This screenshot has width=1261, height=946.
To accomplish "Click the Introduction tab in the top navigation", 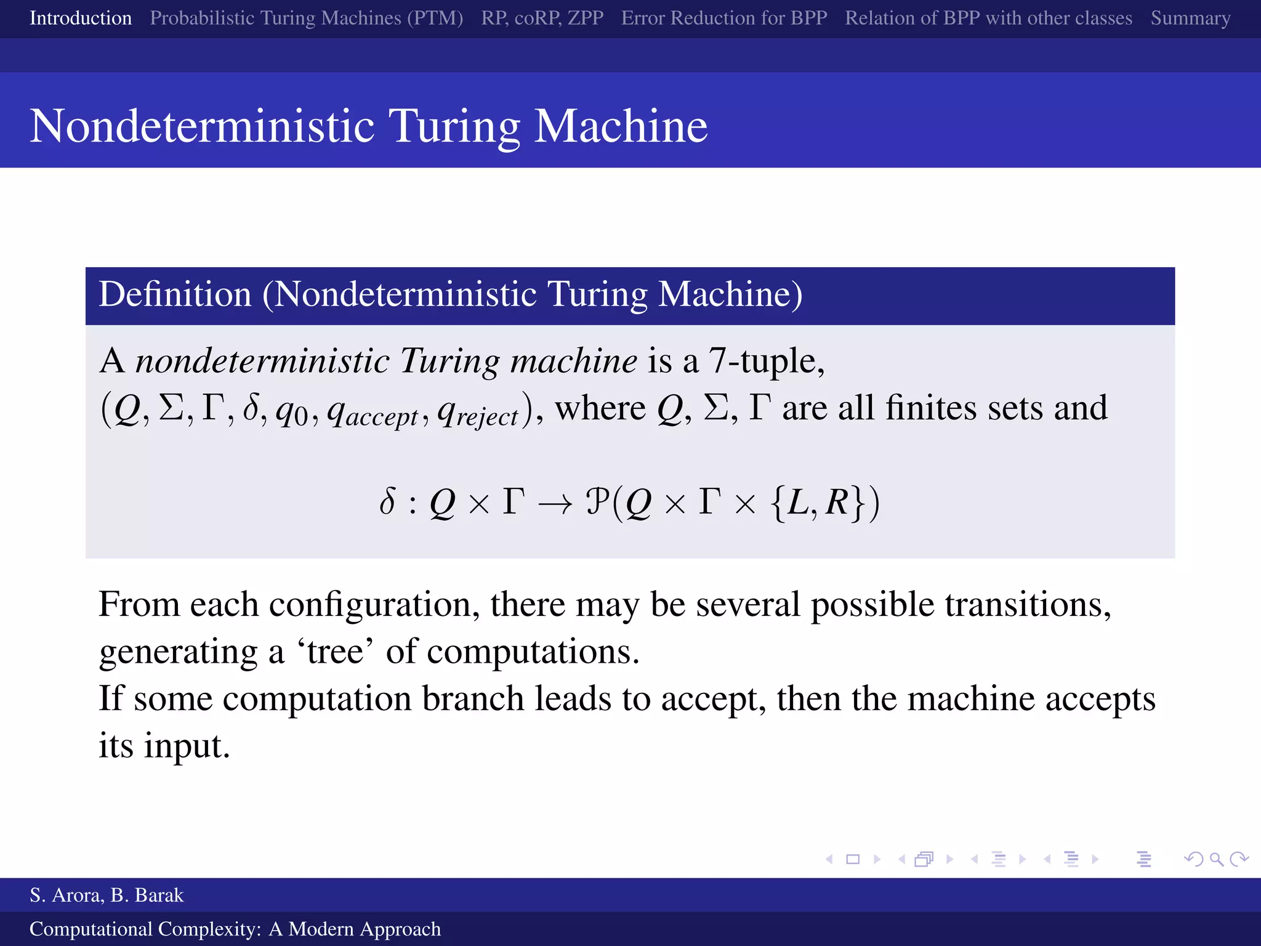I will (81, 18).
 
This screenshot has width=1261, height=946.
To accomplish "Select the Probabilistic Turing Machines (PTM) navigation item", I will (306, 18).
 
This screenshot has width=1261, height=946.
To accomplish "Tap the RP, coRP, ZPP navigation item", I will (542, 18).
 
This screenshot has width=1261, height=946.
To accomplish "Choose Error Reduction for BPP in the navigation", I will (723, 18).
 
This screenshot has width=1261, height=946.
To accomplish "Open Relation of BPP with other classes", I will (988, 18).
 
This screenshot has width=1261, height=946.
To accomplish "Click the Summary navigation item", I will (1190, 18).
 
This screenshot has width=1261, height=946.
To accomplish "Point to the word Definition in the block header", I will (175, 294).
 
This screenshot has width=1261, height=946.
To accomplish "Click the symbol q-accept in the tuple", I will (373, 411).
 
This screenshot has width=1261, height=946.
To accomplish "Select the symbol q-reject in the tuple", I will (478, 411).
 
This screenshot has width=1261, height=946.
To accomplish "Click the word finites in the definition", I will (930, 408).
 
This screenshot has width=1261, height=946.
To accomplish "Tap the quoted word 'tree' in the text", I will (336, 652).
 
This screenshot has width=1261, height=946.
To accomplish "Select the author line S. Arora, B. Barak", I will (107, 895).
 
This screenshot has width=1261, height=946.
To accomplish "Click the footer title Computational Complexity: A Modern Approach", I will (235, 929).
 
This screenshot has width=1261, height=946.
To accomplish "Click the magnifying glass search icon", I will (1216, 859).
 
